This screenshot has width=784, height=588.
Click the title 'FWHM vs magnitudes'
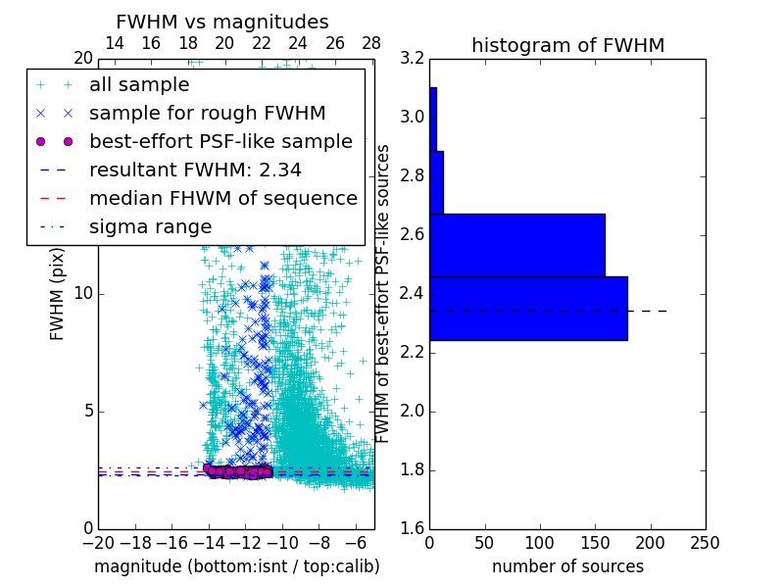coord(222,22)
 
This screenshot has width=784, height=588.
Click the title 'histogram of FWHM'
coord(567,45)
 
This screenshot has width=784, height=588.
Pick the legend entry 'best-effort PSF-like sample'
coord(220,141)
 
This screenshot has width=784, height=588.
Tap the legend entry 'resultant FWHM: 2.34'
coord(195,170)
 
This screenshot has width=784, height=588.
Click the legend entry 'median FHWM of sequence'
coord(222,198)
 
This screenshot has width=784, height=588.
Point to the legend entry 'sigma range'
coord(150,226)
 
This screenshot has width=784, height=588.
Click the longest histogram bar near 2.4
coord(528,309)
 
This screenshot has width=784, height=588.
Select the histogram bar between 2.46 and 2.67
coord(517,245)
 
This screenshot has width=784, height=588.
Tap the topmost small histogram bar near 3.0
coord(433,119)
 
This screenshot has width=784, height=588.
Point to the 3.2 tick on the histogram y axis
coord(413,59)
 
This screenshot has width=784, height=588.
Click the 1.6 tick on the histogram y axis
coord(413,529)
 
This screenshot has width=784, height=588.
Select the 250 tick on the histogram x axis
coord(705,543)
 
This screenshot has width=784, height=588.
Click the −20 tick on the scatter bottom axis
coord(98,543)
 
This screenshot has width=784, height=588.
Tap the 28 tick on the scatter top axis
coord(371,43)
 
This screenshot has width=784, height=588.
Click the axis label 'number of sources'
coord(567,566)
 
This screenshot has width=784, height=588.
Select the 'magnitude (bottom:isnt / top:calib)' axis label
coord(236,566)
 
